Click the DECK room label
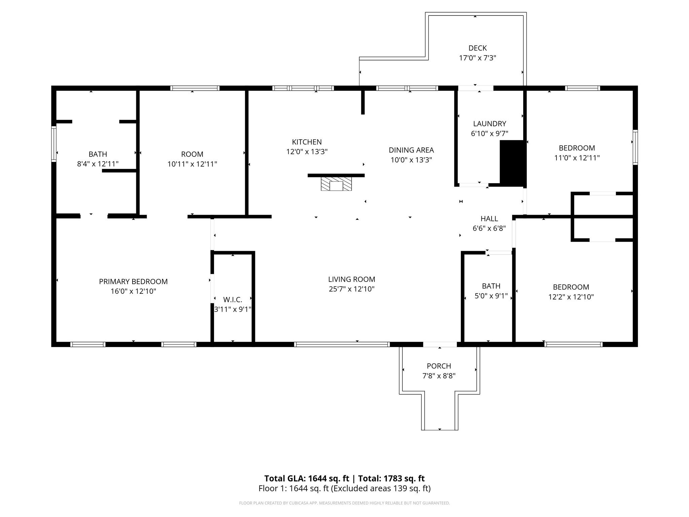click(477, 48)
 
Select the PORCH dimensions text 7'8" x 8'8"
click(439, 376)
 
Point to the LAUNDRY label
click(489, 124)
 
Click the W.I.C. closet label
click(232, 300)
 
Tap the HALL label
click(489, 218)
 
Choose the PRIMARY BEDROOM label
click(133, 281)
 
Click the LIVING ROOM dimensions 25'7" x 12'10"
click(352, 289)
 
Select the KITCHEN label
click(307, 142)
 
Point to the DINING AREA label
click(411, 150)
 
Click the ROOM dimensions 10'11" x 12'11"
click(192, 164)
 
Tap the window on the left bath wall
click(53, 144)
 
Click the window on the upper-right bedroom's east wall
click(635, 147)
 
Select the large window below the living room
click(342, 344)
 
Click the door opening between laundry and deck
click(476, 88)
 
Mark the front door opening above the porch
click(440, 344)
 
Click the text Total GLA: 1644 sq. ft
click(306, 478)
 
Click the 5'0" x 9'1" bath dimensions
click(491, 296)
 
